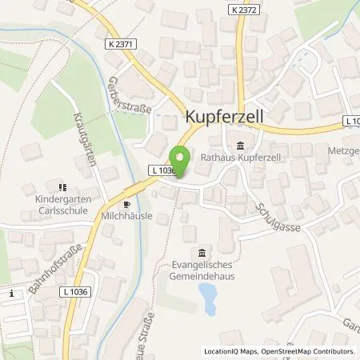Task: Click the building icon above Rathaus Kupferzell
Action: click(x=242, y=145)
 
